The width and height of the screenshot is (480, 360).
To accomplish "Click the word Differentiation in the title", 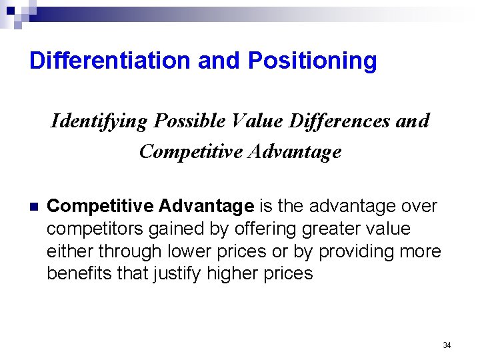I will (x=109, y=61).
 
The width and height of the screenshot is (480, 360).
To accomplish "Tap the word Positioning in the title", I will (x=312, y=61).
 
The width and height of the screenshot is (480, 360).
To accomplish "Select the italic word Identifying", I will (x=99, y=121).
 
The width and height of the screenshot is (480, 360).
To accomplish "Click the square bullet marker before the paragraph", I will (x=34, y=207).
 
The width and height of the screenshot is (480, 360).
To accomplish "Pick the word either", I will (x=70, y=251).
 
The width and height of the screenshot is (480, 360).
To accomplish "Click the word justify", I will (x=178, y=273).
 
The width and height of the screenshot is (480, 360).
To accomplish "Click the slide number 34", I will (x=447, y=345).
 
